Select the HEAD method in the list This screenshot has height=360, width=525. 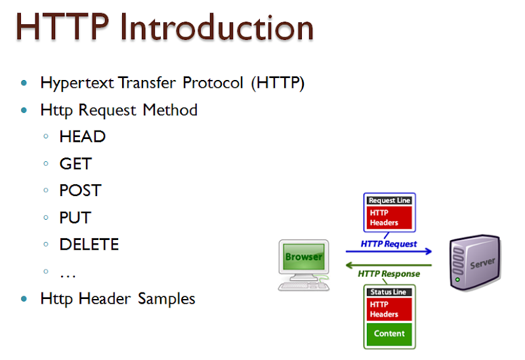click(82, 136)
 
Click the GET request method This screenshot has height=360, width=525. click(75, 163)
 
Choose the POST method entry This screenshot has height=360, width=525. click(80, 190)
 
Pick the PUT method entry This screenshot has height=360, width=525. click(75, 217)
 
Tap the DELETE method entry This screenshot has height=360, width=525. click(89, 244)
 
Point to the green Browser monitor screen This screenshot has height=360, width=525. click(303, 256)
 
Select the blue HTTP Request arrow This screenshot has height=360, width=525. click(389, 251)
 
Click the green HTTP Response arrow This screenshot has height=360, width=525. click(389, 266)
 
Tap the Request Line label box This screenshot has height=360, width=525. click(389, 201)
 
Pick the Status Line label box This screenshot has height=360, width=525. click(389, 291)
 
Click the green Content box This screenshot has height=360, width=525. click(389, 333)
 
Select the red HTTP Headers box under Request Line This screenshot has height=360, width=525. click(389, 218)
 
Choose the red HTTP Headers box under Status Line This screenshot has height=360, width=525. click(389, 309)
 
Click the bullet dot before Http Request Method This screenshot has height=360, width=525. click(25, 110)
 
